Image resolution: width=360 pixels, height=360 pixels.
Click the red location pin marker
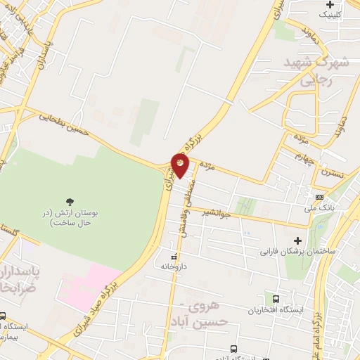pos(180,165)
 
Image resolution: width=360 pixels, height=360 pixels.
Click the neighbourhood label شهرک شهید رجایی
pos(316,72)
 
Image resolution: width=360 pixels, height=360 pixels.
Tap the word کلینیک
pos(333,13)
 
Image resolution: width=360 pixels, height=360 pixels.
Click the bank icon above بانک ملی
pos(320,197)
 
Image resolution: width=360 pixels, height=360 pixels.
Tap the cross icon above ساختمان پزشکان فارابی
pos(298,240)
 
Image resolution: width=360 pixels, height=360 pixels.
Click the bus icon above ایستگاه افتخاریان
pos(276,298)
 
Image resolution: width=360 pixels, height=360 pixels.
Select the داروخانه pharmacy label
pos(172,266)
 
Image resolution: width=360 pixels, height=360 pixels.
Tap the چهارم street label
pos(304,157)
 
